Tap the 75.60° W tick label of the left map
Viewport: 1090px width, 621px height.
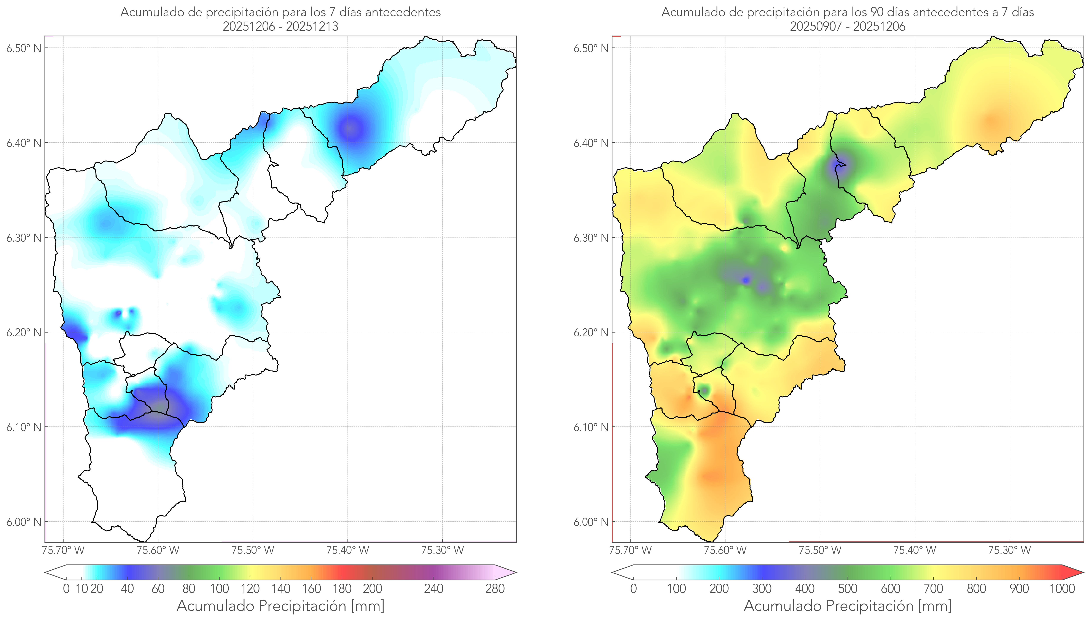click(x=158, y=550)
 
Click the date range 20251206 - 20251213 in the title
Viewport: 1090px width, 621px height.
click(x=280, y=26)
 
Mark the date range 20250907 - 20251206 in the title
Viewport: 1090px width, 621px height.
click(x=848, y=26)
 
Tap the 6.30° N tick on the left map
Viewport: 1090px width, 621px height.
click(x=24, y=238)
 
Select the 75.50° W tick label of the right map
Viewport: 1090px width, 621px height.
click(x=820, y=550)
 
